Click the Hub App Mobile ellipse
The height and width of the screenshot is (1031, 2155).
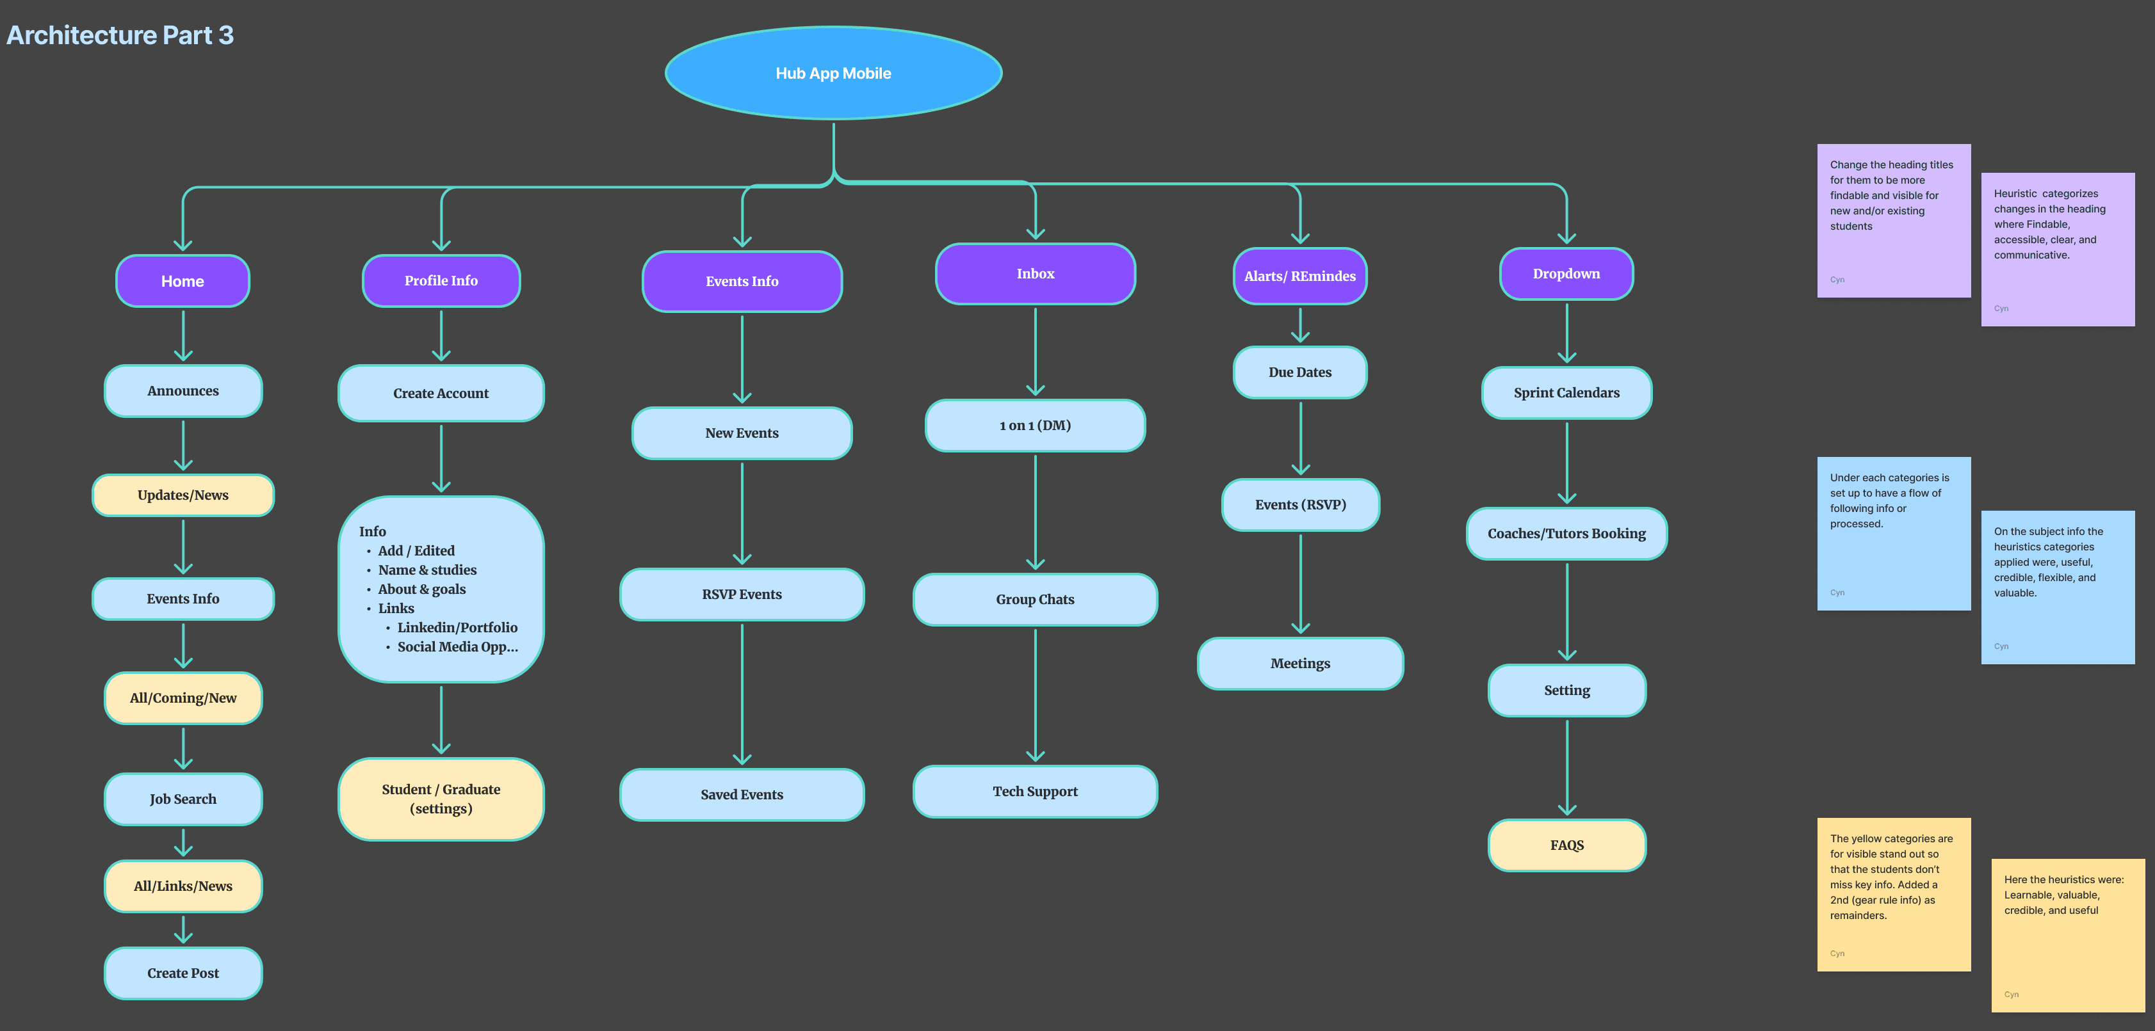833,74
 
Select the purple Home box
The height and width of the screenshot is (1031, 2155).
183,281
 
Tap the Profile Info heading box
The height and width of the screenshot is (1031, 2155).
441,281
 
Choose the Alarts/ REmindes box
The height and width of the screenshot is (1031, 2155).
1299,276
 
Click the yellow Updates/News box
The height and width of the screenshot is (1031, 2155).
183,495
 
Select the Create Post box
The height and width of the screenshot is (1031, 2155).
183,973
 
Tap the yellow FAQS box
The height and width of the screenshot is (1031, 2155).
1566,845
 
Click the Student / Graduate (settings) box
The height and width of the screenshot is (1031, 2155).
441,799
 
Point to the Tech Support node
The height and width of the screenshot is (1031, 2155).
1035,791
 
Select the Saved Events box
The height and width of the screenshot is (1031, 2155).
741,794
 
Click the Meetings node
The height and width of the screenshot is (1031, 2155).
1299,663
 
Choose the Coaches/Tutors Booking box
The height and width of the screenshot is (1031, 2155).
1566,534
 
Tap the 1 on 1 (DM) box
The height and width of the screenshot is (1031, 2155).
1035,426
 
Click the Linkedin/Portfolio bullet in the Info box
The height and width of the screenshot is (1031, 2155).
457,627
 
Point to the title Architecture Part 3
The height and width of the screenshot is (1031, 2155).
120,35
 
